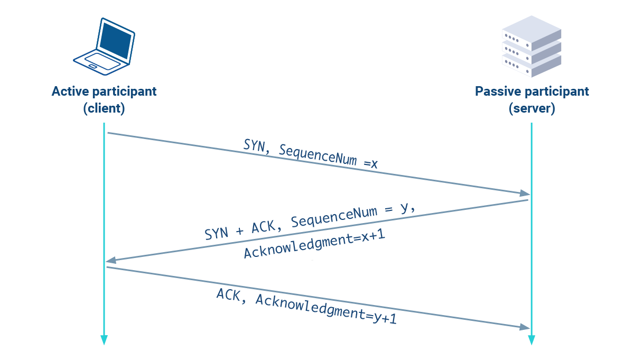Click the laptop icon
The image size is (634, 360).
tap(104, 47)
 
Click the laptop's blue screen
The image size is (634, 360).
tap(115, 40)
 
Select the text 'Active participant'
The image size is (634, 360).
tap(104, 91)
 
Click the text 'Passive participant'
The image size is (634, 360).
tap(532, 91)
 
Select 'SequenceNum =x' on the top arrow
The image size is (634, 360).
tap(328, 157)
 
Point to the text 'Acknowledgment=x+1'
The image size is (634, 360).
tap(314, 244)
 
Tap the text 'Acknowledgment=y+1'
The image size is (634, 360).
tap(326, 311)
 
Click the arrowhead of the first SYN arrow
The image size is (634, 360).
tap(525, 193)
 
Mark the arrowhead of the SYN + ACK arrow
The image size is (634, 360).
tap(110, 261)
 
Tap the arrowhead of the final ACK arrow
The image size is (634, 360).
tap(525, 327)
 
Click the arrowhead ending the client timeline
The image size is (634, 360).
tap(104, 340)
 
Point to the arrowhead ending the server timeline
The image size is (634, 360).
tap(532, 340)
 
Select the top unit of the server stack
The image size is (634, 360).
tap(530, 29)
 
